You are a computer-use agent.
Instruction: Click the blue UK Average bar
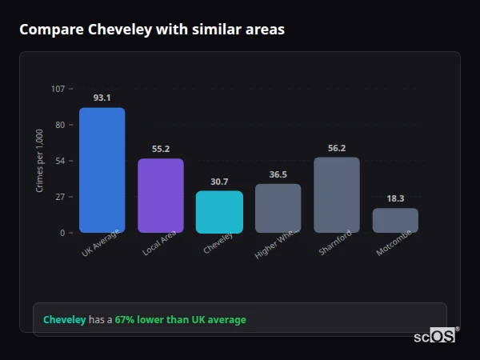click(x=102, y=170)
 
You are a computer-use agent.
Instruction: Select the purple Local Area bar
click(x=160, y=196)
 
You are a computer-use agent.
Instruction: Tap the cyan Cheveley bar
click(x=219, y=212)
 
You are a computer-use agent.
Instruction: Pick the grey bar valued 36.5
click(x=278, y=208)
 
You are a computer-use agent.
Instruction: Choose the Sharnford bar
click(x=336, y=195)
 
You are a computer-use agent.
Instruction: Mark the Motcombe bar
click(x=395, y=221)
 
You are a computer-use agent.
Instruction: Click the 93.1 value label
click(x=102, y=98)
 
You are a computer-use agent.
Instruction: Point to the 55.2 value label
click(x=160, y=149)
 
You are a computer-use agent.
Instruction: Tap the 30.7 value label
click(x=219, y=182)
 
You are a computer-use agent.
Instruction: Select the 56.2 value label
click(x=336, y=148)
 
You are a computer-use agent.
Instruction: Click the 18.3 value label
click(x=395, y=198)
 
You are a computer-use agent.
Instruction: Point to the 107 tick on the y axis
click(x=58, y=89)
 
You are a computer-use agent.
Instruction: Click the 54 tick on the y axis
click(x=60, y=161)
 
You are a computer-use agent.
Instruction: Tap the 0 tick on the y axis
click(x=62, y=233)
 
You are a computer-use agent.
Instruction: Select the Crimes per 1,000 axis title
click(x=39, y=161)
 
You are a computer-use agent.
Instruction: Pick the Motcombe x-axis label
click(x=394, y=246)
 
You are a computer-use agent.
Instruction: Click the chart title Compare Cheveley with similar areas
click(x=152, y=30)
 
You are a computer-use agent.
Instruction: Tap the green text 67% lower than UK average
click(x=180, y=320)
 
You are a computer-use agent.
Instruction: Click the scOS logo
click(x=435, y=337)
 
